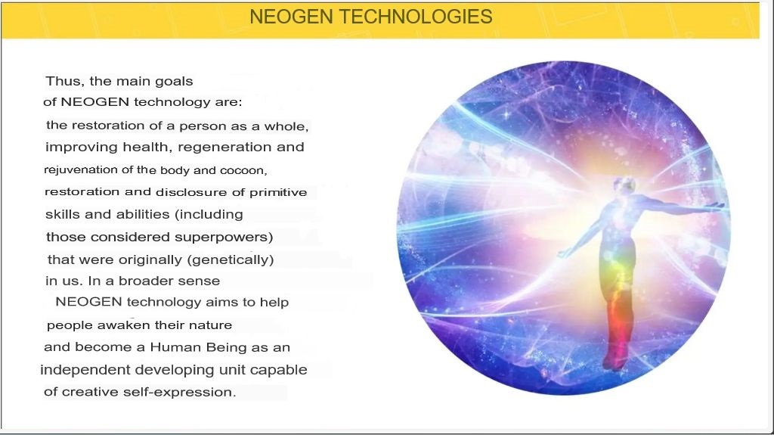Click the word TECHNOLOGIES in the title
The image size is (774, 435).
(x=416, y=17)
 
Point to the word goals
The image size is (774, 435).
(x=174, y=82)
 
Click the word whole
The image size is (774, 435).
(x=286, y=126)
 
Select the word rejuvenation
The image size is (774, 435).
(x=82, y=170)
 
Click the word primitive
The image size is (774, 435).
(x=278, y=192)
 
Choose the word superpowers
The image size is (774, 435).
(x=224, y=238)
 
